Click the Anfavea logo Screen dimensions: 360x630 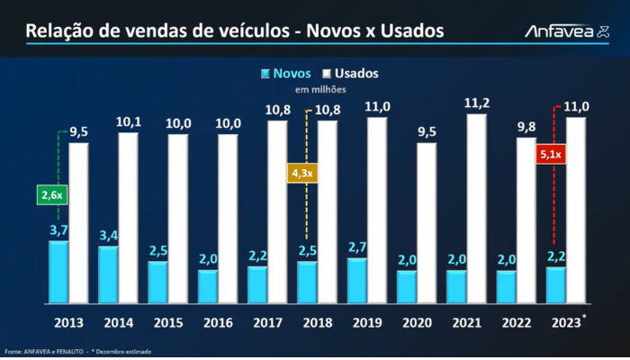click(x=565, y=32)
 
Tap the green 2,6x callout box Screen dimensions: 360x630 click(x=50, y=193)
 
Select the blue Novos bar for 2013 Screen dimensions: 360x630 click(x=58, y=271)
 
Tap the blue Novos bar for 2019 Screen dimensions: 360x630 click(x=356, y=280)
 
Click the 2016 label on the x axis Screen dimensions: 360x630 click(x=218, y=322)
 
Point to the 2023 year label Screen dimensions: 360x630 click(x=564, y=322)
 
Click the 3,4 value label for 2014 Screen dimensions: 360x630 click(x=108, y=236)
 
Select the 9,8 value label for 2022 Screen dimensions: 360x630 click(x=526, y=126)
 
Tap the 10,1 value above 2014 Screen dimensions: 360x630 click(x=129, y=121)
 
